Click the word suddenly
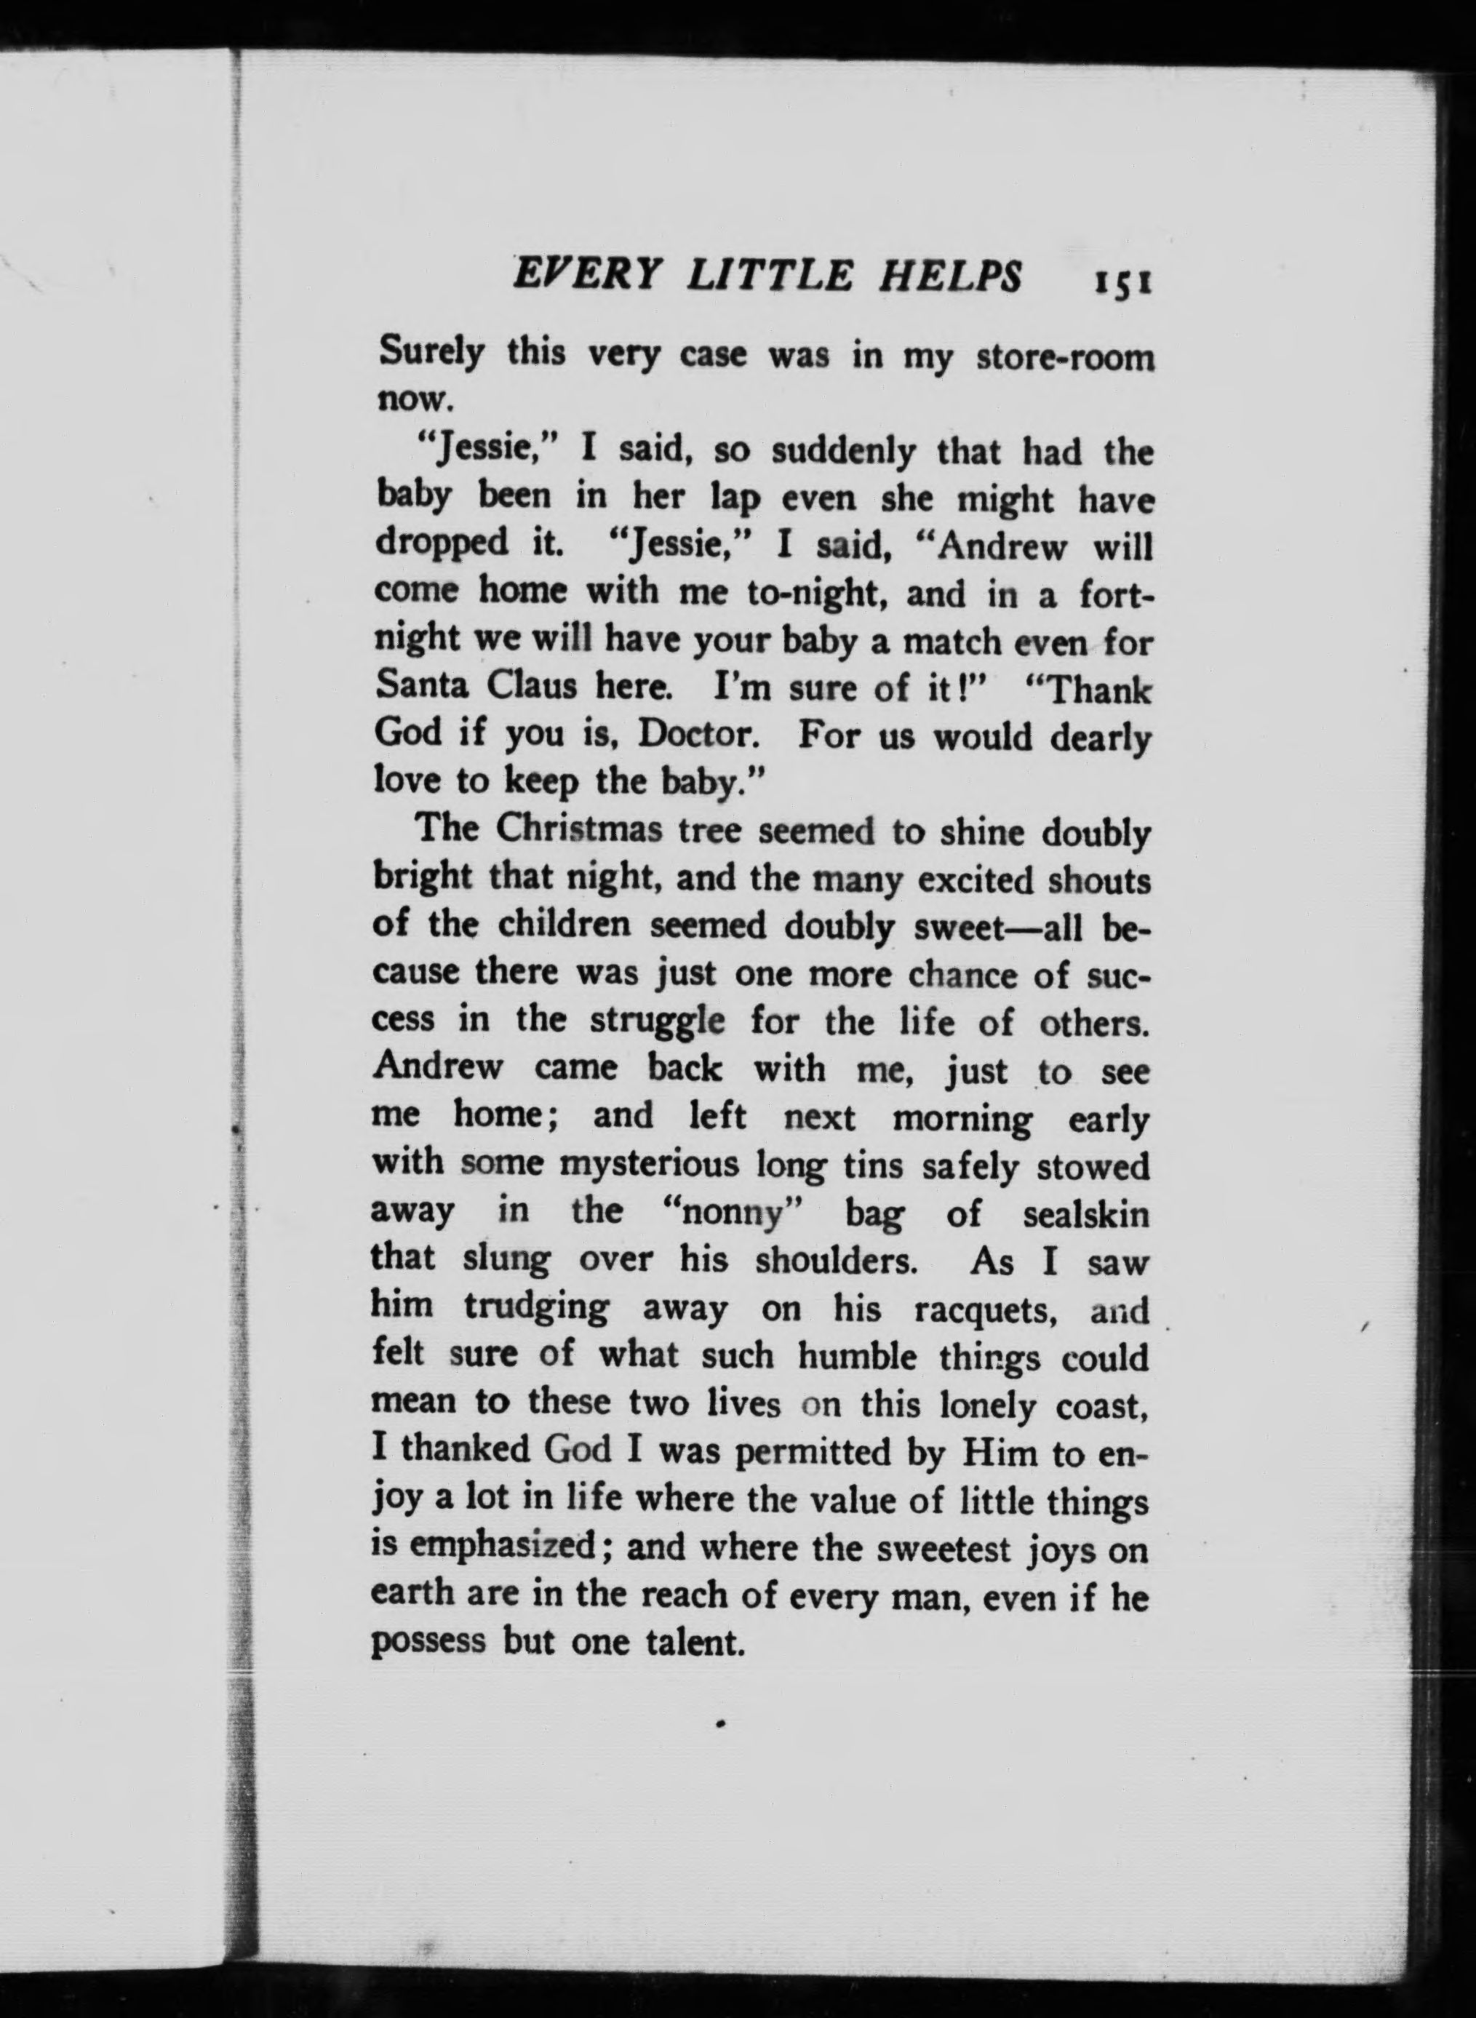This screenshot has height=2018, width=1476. (x=843, y=452)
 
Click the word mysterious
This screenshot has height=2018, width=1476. (x=650, y=1165)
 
